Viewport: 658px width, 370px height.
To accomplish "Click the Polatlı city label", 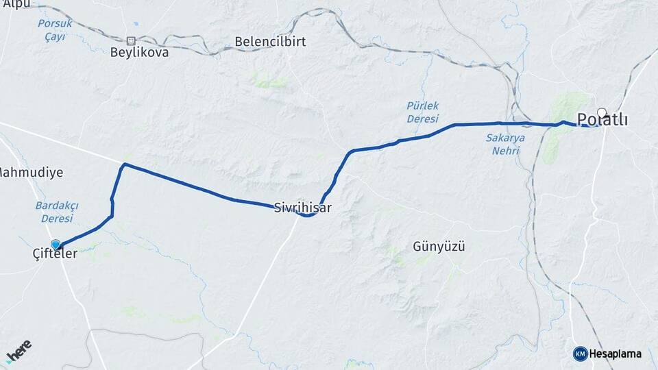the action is point(603,120).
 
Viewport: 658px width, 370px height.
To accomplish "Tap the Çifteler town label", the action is point(55,254).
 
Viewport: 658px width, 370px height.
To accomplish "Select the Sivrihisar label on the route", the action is point(302,206).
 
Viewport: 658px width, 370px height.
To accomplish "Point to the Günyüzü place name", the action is point(439,247).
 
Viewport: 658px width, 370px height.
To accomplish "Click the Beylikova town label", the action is point(140,52).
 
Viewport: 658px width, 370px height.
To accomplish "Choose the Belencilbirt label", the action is point(270,42).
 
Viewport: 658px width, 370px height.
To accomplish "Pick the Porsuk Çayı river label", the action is point(51,30).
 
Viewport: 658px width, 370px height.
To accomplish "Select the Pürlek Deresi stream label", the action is point(422,112).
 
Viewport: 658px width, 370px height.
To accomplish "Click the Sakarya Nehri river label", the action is point(505,144).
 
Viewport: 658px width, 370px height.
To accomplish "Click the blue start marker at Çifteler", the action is point(56,244).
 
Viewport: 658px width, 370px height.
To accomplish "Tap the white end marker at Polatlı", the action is point(602,112).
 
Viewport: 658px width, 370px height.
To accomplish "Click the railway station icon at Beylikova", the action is point(131,40).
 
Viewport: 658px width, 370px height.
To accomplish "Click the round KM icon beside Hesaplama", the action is point(580,354).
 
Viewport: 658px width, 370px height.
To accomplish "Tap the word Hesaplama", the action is point(615,354).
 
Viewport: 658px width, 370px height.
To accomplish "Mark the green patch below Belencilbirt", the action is point(269,82).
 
